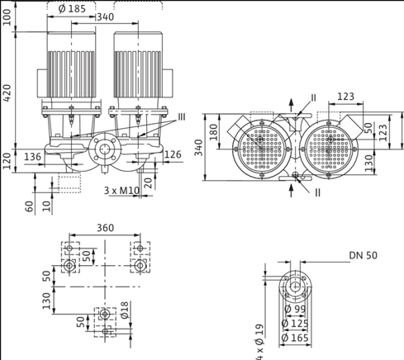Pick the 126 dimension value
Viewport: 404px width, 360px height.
(172, 154)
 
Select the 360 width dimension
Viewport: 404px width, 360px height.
(105, 228)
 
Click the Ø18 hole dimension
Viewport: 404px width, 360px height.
(125, 309)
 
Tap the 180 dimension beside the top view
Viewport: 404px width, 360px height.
(213, 131)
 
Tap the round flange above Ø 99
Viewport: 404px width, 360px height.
(292, 287)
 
